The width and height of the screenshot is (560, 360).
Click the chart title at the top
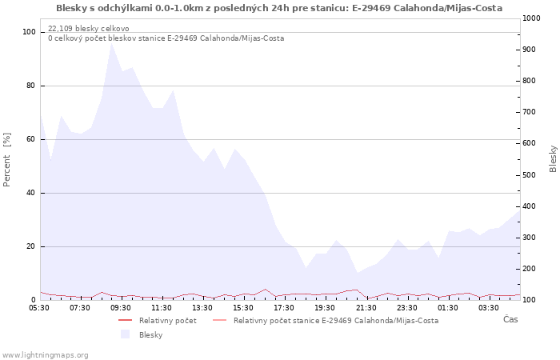coord(279,8)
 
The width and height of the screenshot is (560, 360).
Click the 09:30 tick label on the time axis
coord(121,308)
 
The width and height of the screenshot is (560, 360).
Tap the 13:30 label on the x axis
coord(202,308)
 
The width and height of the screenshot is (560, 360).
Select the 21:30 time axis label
coord(366,308)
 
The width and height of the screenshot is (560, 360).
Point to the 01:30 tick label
coord(448,308)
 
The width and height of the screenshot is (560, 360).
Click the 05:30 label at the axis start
coord(39,308)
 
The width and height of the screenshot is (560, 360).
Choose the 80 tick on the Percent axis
coord(30,86)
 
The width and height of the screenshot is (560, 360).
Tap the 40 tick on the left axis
coord(30,193)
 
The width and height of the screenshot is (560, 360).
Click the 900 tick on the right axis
coord(529,50)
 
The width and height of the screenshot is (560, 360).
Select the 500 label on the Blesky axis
coord(529,175)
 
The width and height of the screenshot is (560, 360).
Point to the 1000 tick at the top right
coord(531,18)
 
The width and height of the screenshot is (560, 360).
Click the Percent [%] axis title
coord(6,160)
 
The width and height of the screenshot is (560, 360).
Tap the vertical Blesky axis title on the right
coord(553,158)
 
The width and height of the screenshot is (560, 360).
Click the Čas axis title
coord(510,319)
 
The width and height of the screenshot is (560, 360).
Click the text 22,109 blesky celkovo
coord(89,29)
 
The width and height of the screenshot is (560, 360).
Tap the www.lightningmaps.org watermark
coord(45,355)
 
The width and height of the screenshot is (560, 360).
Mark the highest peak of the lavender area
coord(112,43)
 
